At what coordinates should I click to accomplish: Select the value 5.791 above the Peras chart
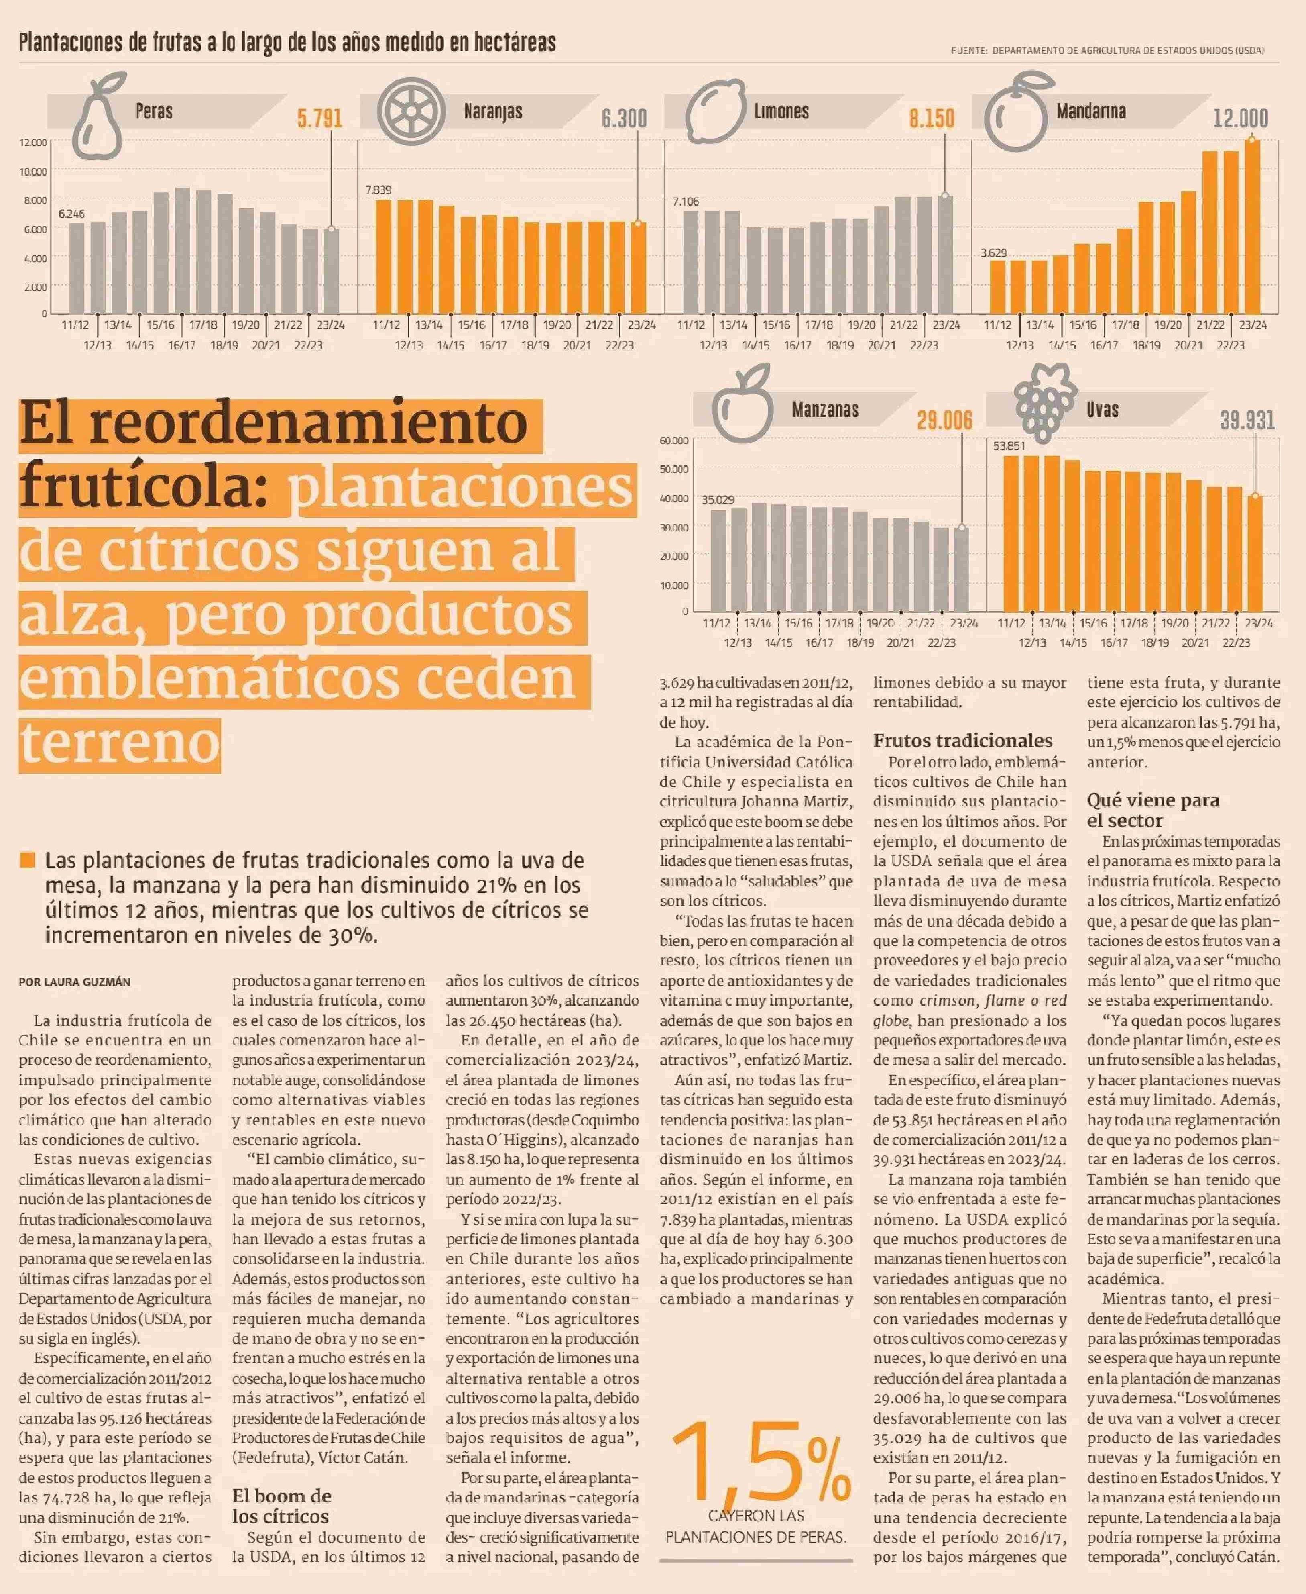pyautogui.click(x=320, y=118)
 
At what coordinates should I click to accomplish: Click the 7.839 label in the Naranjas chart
pyautogui.click(x=378, y=190)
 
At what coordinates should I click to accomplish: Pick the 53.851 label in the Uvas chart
pyautogui.click(x=1009, y=445)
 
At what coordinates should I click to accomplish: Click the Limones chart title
pyautogui.click(x=782, y=111)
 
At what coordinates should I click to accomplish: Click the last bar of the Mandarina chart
pyautogui.click(x=1252, y=226)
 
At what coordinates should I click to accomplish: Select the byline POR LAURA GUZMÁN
pyautogui.click(x=75, y=982)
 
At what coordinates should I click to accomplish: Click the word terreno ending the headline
pyautogui.click(x=120, y=743)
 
